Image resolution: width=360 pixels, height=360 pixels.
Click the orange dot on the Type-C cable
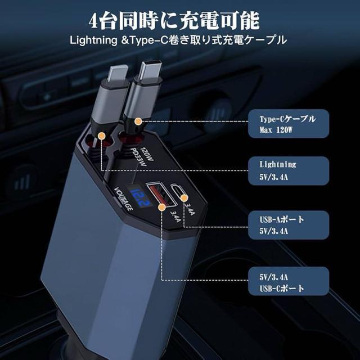point(138,121)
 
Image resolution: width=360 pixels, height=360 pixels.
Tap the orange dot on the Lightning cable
point(101,136)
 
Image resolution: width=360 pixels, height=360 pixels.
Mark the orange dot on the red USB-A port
point(163,206)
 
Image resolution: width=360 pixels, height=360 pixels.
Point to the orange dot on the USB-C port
point(184,199)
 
